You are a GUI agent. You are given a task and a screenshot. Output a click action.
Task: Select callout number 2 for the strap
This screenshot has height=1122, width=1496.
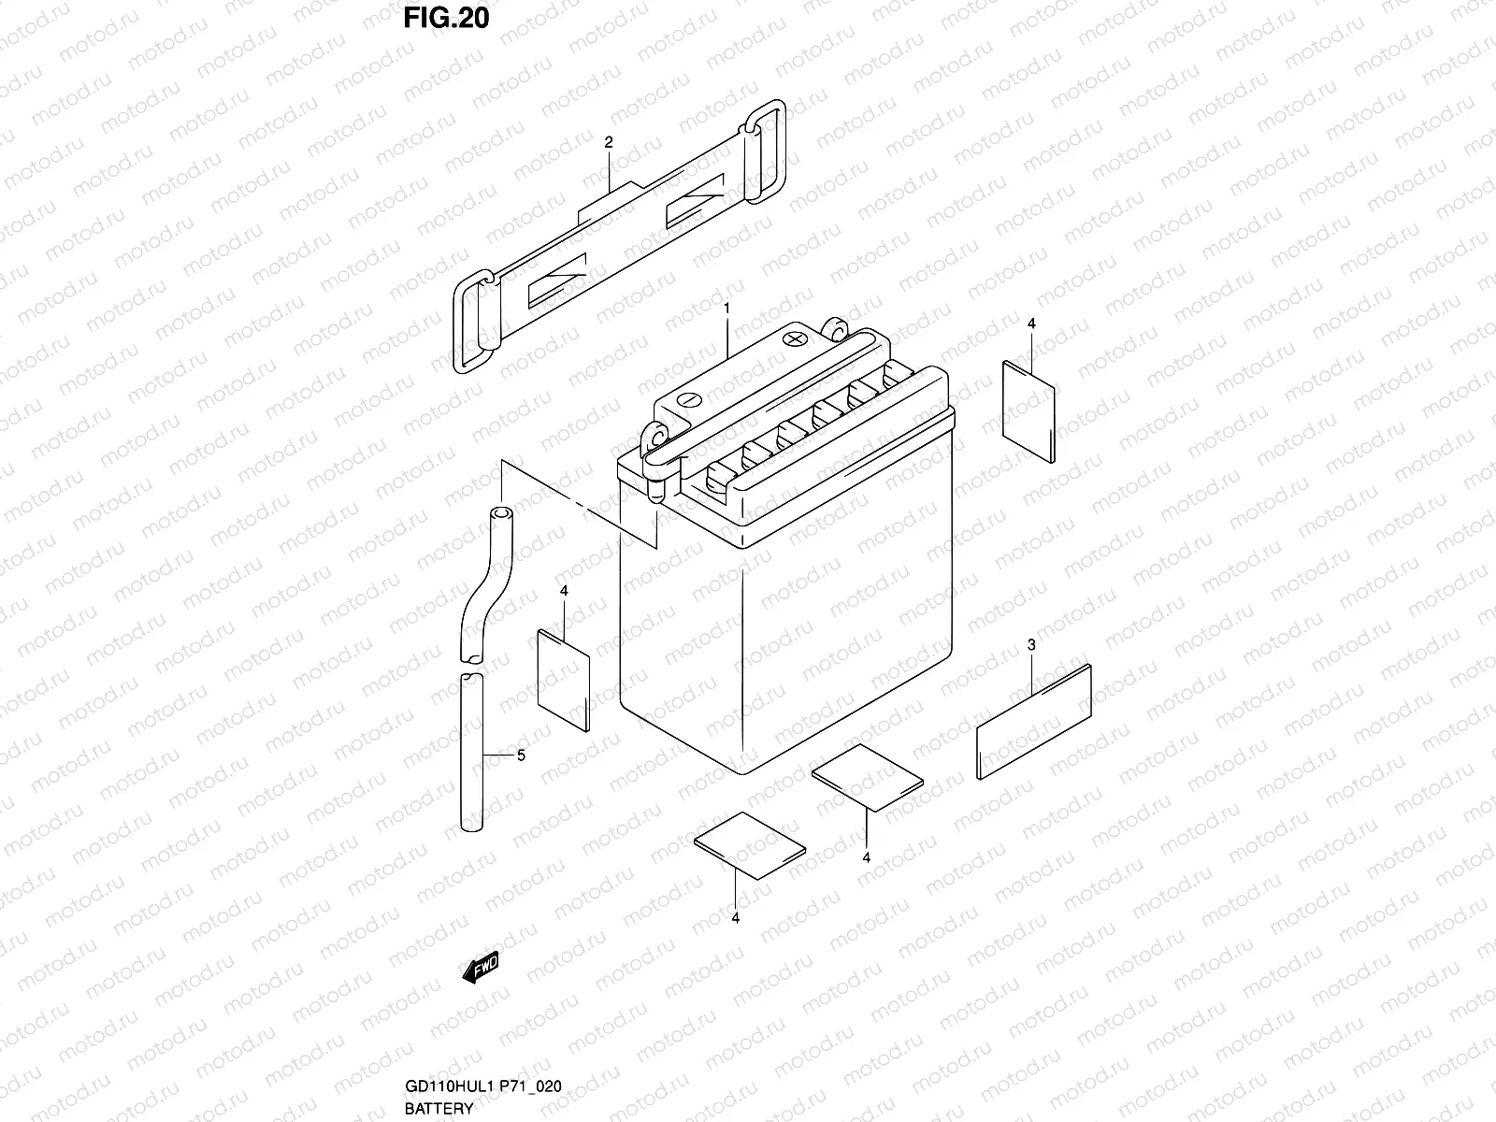tap(609, 142)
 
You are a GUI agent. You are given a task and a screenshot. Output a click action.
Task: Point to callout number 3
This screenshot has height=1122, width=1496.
tap(1031, 644)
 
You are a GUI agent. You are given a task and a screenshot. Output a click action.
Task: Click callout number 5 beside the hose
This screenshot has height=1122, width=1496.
tap(521, 755)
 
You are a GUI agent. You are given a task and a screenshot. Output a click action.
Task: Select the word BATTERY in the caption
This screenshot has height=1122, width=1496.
tap(439, 1109)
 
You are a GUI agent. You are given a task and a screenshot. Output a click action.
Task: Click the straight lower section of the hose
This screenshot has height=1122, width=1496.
tap(473, 748)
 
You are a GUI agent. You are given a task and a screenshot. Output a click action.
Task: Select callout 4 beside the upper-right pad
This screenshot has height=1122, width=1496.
tap(1031, 324)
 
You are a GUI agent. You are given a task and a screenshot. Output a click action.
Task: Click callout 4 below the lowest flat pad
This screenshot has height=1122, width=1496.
tap(736, 918)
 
